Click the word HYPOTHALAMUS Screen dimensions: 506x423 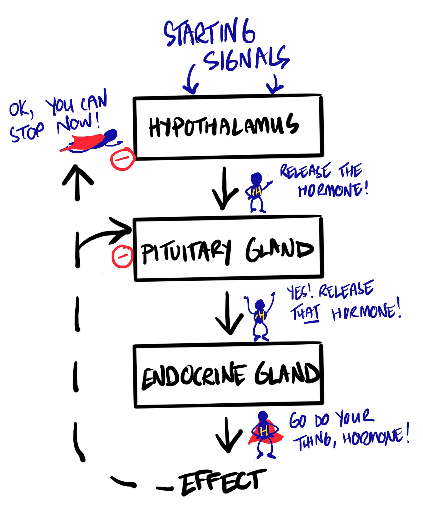(224, 126)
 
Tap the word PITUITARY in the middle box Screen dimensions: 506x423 (186, 252)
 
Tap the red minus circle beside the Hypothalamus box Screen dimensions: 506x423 (123, 159)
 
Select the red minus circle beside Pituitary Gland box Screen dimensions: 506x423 (122, 256)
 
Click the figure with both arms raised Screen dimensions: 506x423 (260, 316)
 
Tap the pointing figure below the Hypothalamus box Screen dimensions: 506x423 (257, 192)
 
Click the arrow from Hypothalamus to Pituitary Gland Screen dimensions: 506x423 (224, 189)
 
